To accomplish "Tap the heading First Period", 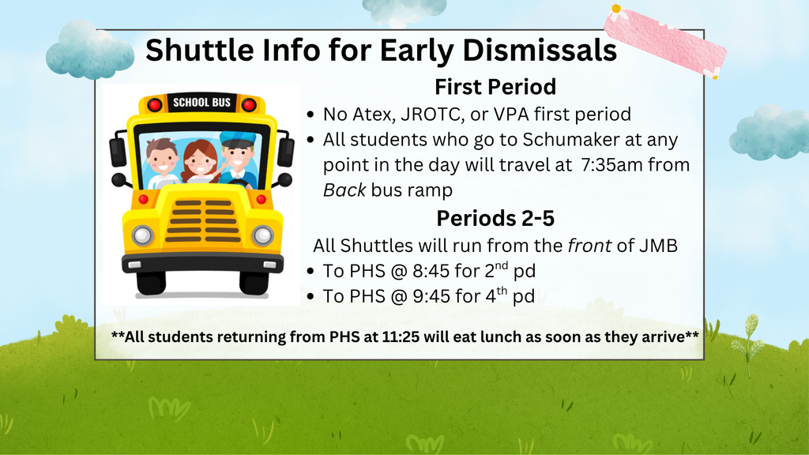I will (x=495, y=86).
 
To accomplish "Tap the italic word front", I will (x=589, y=245).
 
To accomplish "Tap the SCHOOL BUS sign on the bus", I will (x=201, y=103).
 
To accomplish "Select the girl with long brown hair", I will (x=200, y=162).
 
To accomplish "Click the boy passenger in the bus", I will (x=162, y=162).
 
